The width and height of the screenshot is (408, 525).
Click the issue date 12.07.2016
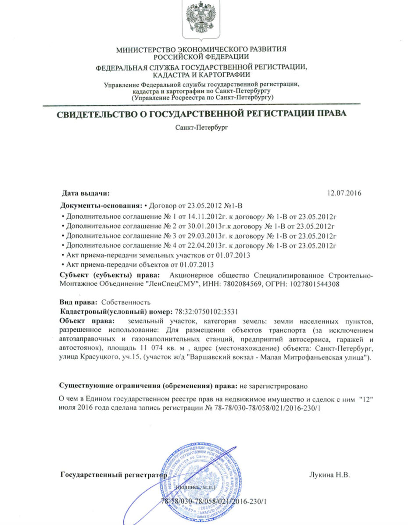(x=344, y=193)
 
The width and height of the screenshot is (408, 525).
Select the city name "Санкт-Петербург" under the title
(x=201, y=128)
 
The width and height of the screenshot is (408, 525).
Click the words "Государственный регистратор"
(x=113, y=475)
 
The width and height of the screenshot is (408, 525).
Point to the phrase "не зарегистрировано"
(x=273, y=387)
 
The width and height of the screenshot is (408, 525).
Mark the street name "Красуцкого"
(x=97, y=358)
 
